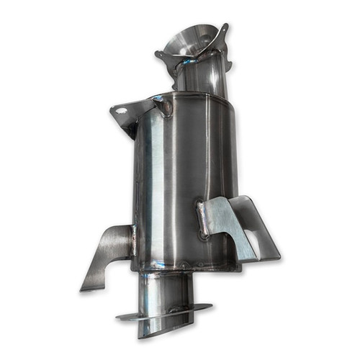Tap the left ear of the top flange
(161, 55)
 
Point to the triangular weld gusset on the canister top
(163, 107)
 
